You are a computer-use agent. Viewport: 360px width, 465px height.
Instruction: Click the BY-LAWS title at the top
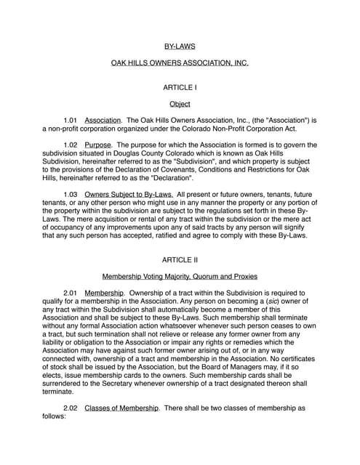[x=180, y=46]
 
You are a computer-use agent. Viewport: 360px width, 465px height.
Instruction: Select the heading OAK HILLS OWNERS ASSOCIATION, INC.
[x=180, y=63]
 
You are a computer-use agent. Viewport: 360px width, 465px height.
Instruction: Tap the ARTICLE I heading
[x=180, y=87]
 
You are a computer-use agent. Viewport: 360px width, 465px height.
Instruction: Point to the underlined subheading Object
[x=180, y=104]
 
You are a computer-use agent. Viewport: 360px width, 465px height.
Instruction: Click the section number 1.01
[x=71, y=120]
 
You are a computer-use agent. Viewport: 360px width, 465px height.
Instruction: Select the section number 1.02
[x=71, y=145]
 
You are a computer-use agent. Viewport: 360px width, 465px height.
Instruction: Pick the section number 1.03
[x=71, y=194]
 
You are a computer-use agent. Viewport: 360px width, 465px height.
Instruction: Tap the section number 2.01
[x=71, y=293]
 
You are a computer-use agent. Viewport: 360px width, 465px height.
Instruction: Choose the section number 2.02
[x=71, y=408]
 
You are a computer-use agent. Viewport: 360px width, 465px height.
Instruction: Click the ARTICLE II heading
[x=180, y=259]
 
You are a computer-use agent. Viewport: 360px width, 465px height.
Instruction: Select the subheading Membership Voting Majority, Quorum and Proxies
[x=180, y=277]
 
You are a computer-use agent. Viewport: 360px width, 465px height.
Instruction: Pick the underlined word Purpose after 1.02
[x=98, y=145]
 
